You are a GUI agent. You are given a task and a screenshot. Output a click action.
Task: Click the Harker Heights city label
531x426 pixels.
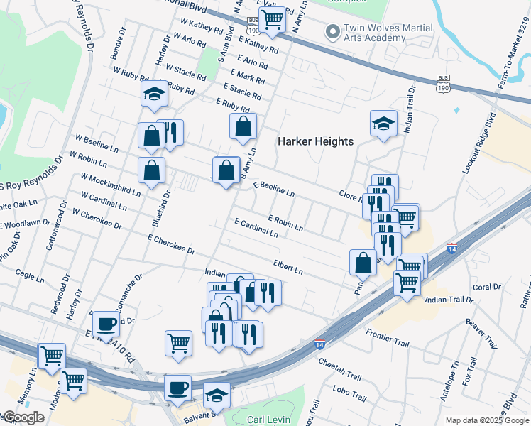tap(315, 141)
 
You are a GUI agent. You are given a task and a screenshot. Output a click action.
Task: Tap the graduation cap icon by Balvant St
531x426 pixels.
tap(217, 395)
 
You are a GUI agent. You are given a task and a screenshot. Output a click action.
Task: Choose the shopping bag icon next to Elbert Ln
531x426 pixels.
tap(363, 262)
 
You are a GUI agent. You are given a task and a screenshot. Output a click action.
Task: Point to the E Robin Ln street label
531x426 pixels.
tap(285, 224)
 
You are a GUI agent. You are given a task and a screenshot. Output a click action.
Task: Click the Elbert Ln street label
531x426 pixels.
tap(288, 267)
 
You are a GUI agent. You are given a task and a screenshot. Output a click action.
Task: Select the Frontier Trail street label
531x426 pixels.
tap(388, 338)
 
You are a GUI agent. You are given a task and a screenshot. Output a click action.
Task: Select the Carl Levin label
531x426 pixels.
tap(269, 420)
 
